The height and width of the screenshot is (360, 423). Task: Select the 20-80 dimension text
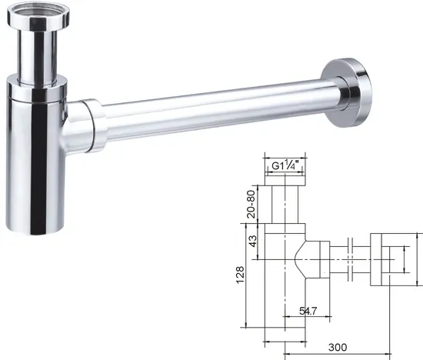251,204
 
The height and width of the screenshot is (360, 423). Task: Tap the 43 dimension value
253,241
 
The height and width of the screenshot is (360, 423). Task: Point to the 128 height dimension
240,275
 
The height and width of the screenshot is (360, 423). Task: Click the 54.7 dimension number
308,312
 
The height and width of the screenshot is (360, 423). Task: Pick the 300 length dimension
338,348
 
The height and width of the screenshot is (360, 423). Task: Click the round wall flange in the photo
346,92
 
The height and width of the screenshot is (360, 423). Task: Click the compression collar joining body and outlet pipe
93,125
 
